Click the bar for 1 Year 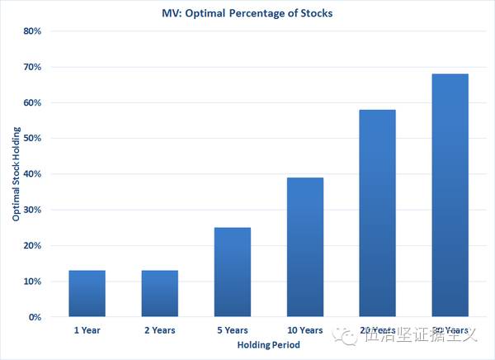click(87, 293)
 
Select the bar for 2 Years click(160, 293)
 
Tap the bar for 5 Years click(233, 272)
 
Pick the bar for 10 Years click(305, 247)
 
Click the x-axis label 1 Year click(87, 330)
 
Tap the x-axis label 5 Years click(233, 330)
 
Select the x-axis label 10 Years click(305, 330)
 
